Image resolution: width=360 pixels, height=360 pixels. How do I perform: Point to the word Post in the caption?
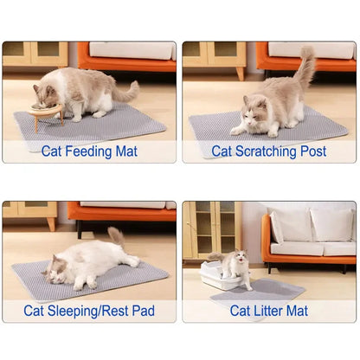tap(312, 151)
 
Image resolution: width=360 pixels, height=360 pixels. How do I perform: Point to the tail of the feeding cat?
tap(125, 92)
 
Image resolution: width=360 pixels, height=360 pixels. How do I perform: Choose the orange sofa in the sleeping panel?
tap(121, 215)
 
